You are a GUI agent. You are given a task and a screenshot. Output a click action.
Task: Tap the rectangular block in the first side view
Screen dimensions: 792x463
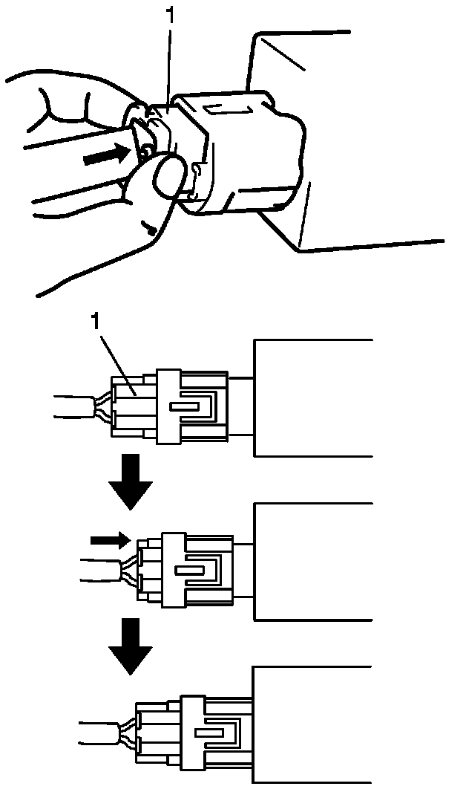312,397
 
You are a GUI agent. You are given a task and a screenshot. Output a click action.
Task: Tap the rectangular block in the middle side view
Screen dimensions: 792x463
312,561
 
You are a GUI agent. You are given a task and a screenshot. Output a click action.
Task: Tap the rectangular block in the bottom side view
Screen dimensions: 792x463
312,724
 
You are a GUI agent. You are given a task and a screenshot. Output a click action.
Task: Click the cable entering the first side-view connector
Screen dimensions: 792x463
74,408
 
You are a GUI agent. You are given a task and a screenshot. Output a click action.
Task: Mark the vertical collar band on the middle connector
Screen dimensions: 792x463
173,569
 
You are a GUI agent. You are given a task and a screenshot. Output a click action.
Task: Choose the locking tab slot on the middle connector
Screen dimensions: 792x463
190,571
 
